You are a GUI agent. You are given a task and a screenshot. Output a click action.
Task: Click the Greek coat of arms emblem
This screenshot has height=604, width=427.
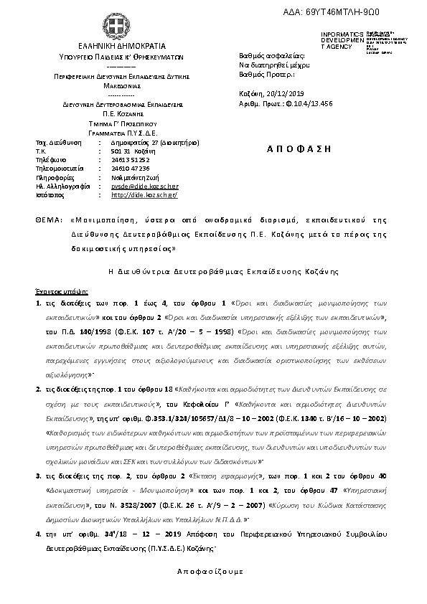[112, 26]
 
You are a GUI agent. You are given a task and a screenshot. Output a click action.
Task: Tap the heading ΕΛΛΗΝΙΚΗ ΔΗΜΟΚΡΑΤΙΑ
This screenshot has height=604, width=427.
[111, 44]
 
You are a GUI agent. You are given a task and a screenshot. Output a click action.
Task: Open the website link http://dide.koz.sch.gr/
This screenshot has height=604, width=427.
[144, 194]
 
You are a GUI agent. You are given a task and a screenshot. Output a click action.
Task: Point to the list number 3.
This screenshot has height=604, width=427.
[37, 474]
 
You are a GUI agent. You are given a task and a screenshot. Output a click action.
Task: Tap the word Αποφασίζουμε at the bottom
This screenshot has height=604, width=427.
[210, 572]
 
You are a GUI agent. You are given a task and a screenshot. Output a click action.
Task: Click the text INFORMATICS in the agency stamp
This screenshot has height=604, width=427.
[338, 34]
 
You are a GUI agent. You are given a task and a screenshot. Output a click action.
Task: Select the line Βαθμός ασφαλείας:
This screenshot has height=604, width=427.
[271, 56]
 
